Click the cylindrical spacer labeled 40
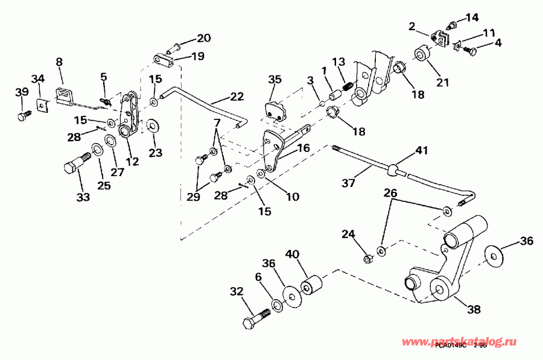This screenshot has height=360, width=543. [x=313, y=285]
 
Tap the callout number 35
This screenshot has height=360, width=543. [x=275, y=79]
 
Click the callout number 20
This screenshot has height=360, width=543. [x=203, y=39]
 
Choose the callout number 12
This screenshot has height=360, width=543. [x=132, y=161]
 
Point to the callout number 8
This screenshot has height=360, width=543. [x=59, y=62]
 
